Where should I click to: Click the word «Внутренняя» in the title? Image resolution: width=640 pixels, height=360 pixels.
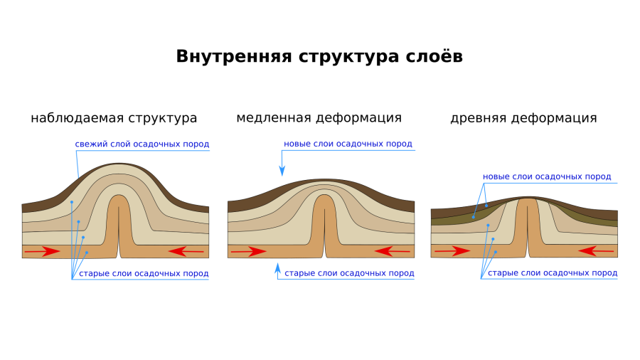(x=234, y=56)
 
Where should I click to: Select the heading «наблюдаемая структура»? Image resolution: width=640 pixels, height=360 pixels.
(x=114, y=118)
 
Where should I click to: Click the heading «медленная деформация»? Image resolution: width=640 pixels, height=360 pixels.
(x=319, y=118)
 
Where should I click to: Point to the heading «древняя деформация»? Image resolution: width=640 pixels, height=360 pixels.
(x=523, y=118)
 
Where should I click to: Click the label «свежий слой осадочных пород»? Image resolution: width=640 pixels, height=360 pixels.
(x=142, y=144)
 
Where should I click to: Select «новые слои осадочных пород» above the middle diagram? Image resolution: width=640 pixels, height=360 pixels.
(x=348, y=144)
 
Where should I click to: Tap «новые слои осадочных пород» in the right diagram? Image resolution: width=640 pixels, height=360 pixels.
(x=547, y=176)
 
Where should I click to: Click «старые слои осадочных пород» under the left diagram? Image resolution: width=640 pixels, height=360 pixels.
(x=144, y=273)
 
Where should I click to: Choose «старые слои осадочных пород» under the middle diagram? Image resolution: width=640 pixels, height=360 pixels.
(x=349, y=273)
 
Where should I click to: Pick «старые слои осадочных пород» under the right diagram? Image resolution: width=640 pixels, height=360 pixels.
(x=553, y=272)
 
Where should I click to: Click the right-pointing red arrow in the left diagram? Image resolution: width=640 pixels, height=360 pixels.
(x=43, y=251)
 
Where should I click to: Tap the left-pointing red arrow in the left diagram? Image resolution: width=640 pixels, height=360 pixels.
(x=186, y=251)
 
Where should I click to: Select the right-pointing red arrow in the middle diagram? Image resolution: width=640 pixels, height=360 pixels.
(x=249, y=251)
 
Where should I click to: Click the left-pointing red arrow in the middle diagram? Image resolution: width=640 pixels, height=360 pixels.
(x=393, y=251)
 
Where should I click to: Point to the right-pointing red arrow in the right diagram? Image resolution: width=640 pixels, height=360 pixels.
(x=452, y=251)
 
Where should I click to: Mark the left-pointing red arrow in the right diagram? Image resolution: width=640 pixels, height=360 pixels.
(x=596, y=251)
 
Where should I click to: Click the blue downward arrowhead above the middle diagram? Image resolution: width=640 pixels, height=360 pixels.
(x=282, y=171)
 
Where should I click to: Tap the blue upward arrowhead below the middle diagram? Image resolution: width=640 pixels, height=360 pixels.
(x=278, y=268)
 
